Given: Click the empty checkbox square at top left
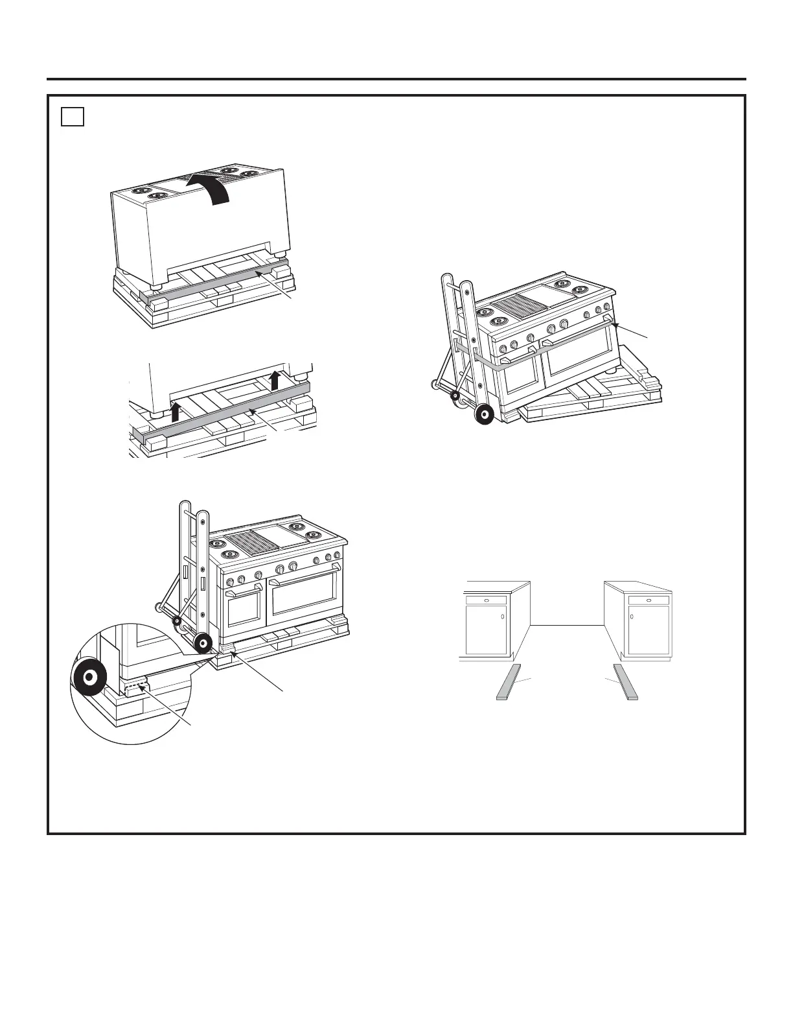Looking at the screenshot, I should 73,117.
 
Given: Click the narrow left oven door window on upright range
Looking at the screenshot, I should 244,608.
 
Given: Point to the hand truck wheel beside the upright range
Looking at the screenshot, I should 203,643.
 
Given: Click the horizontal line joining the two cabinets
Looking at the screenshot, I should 568,624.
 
